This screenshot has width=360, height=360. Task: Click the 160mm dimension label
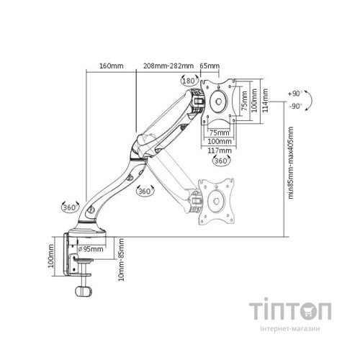(x=112, y=66)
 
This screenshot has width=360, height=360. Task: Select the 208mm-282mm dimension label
(x=168, y=66)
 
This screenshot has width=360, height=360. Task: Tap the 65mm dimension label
(x=210, y=66)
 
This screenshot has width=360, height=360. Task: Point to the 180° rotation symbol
(x=189, y=81)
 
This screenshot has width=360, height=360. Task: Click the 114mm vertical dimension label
(x=265, y=100)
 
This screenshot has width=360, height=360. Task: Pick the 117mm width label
(x=220, y=150)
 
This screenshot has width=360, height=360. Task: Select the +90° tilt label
(x=295, y=94)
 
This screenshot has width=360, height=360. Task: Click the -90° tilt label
(x=295, y=106)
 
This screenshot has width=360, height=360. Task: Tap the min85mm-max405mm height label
(x=291, y=163)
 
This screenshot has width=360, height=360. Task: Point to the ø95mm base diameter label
(x=91, y=249)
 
